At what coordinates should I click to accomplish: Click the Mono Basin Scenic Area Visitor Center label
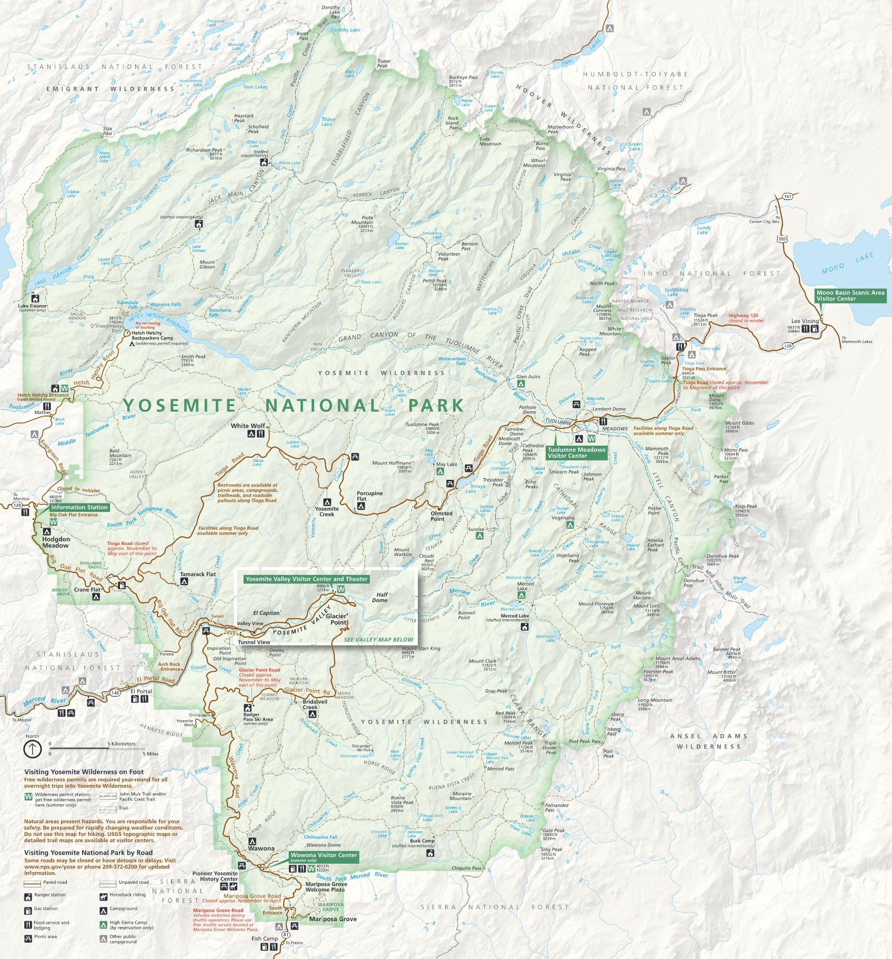pyautogui.click(x=850, y=296)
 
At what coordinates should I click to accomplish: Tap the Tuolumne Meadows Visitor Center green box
pyautogui.click(x=576, y=452)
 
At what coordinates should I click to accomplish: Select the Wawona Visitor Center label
pyautogui.click(x=324, y=855)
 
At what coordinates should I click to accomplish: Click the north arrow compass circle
pyautogui.click(x=33, y=749)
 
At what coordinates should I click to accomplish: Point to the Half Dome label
pyautogui.click(x=380, y=597)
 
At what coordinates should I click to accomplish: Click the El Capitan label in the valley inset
pyautogui.click(x=266, y=613)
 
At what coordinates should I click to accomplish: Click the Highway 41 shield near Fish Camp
pyautogui.click(x=285, y=934)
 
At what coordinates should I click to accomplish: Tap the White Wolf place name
pyautogui.click(x=248, y=426)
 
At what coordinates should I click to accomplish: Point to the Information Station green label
pyautogui.click(x=79, y=507)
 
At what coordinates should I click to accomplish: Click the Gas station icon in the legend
pyautogui.click(x=28, y=911)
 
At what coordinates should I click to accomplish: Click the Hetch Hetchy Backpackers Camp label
pyautogui.click(x=152, y=336)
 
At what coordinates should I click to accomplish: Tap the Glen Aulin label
pyautogui.click(x=528, y=377)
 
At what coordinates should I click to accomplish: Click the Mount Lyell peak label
pyautogui.click(x=646, y=607)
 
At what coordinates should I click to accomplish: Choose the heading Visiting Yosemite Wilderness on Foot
pyautogui.click(x=84, y=772)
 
